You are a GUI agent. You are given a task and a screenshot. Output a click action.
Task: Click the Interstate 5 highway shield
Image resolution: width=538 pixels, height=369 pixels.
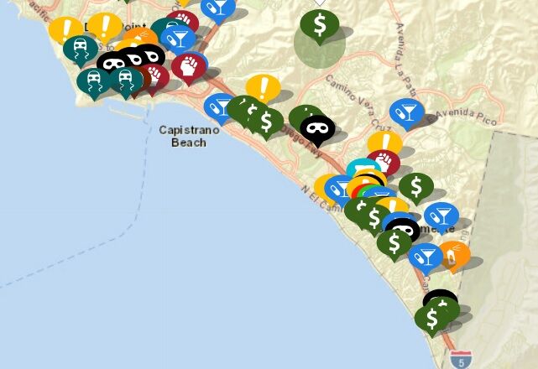[460, 359]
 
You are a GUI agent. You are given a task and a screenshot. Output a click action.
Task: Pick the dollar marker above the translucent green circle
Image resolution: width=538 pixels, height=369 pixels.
[320, 25]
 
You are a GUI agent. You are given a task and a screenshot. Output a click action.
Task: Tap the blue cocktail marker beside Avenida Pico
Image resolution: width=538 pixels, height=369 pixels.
[407, 112]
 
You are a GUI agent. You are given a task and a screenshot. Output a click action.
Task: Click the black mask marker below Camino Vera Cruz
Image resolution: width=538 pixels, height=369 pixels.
[317, 128]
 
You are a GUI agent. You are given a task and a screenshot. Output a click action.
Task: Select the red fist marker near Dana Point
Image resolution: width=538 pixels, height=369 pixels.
[189, 65]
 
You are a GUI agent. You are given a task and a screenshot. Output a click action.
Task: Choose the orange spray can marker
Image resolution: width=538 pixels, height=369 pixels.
[453, 256]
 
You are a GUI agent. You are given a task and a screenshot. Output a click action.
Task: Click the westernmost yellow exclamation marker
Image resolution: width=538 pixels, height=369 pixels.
[65, 29]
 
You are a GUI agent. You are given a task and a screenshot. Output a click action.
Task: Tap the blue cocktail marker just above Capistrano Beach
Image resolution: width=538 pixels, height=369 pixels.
[220, 107]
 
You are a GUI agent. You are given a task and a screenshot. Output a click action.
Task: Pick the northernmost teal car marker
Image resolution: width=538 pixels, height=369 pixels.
[81, 49]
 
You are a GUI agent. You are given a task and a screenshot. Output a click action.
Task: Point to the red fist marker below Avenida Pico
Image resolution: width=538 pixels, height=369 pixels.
[383, 162]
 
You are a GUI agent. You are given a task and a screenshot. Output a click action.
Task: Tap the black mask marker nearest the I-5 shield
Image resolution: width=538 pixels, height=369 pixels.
[440, 301]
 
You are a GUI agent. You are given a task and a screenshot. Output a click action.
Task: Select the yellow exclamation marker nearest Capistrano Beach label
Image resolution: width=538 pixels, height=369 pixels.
[263, 87]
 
